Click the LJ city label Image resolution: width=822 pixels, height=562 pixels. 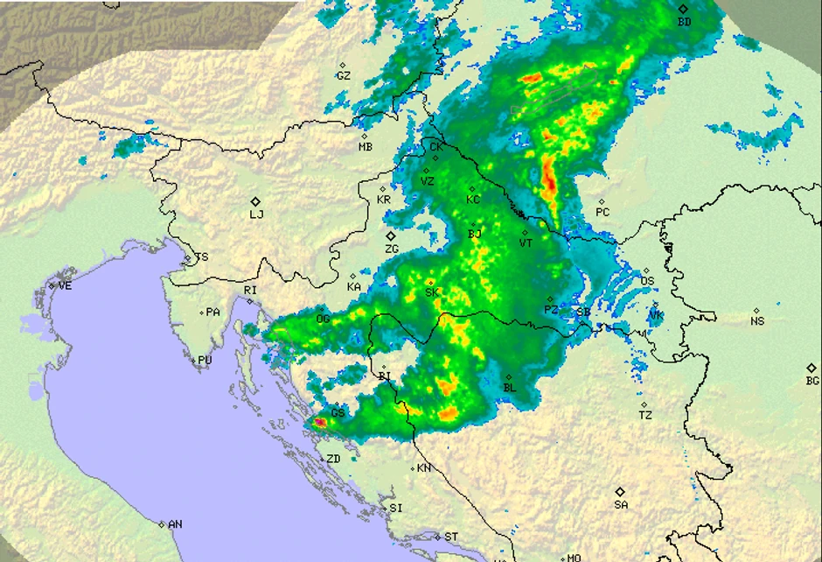click(256, 214)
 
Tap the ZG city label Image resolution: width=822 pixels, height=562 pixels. click(392, 249)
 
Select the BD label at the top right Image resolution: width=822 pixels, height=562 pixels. click(685, 21)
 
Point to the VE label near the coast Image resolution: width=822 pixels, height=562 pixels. click(65, 285)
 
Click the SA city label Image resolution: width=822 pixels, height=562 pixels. click(621, 504)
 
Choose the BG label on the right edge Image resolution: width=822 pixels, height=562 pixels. click(812, 381)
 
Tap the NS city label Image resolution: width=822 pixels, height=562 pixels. click(757, 321)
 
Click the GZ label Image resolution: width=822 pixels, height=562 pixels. click(344, 76)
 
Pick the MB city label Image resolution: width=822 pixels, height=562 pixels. click(366, 147)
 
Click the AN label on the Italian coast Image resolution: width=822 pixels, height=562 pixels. click(175, 524)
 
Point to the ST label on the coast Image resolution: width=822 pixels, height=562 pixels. click(451, 537)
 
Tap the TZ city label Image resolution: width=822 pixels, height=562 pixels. click(645, 416)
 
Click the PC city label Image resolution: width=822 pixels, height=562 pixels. click(603, 212)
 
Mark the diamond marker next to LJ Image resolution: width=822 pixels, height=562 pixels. click(255, 200)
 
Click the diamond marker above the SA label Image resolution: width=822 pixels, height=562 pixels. click(620, 492)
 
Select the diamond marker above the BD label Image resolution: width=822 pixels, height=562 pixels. click(684, 9)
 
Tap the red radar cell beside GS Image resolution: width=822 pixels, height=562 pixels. click(320, 422)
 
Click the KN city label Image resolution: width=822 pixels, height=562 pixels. click(424, 468)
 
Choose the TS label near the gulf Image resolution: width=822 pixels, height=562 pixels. click(202, 257)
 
